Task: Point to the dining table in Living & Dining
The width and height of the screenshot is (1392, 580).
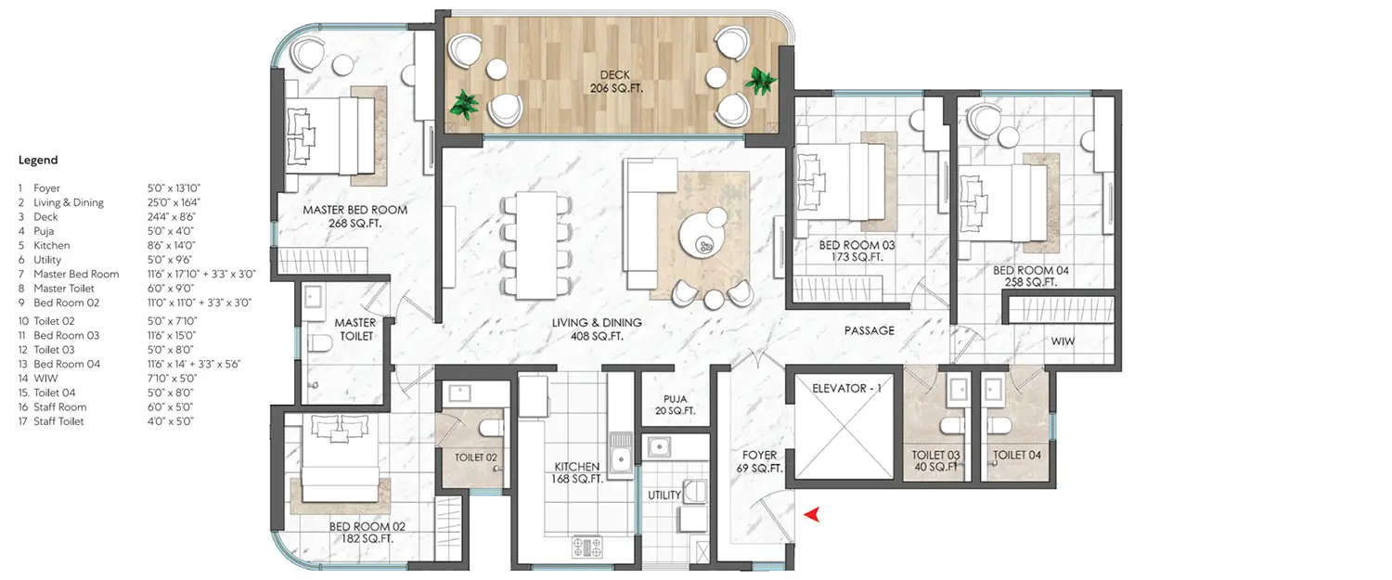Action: click(x=531, y=242)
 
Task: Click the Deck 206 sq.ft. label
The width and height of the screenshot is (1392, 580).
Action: click(x=615, y=82)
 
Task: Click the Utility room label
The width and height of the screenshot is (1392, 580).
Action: click(x=664, y=495)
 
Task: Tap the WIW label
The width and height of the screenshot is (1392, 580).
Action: click(x=1062, y=342)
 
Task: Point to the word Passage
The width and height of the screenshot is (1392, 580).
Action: click(x=869, y=330)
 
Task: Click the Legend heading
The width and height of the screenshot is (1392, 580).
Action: click(x=38, y=161)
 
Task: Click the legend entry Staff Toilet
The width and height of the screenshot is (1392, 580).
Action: click(x=58, y=421)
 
